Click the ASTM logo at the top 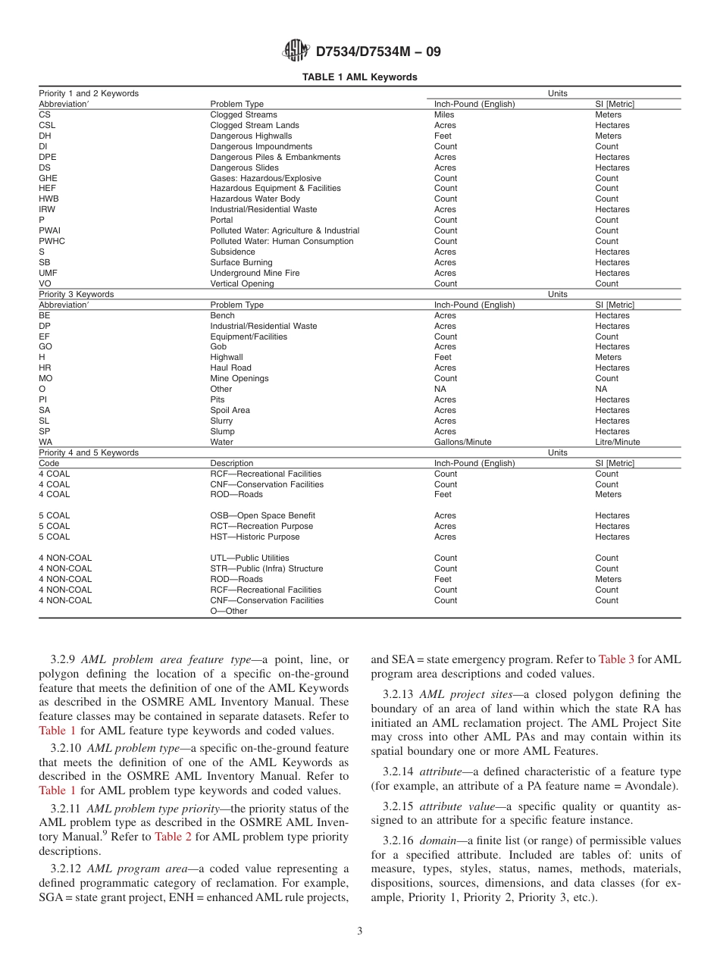(x=295, y=51)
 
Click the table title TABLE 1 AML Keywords (x=359, y=77)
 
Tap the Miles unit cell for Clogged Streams (x=444, y=115)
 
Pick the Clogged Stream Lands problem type (x=254, y=126)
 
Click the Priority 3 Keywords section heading (x=76, y=294)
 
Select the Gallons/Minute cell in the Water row (x=462, y=442)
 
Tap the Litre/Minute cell (x=617, y=442)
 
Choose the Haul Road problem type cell (x=230, y=368)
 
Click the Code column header (x=49, y=463)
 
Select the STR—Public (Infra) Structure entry (x=266, y=568)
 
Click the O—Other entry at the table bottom (x=228, y=611)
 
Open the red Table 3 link (x=616, y=659)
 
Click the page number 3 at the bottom (x=359, y=931)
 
